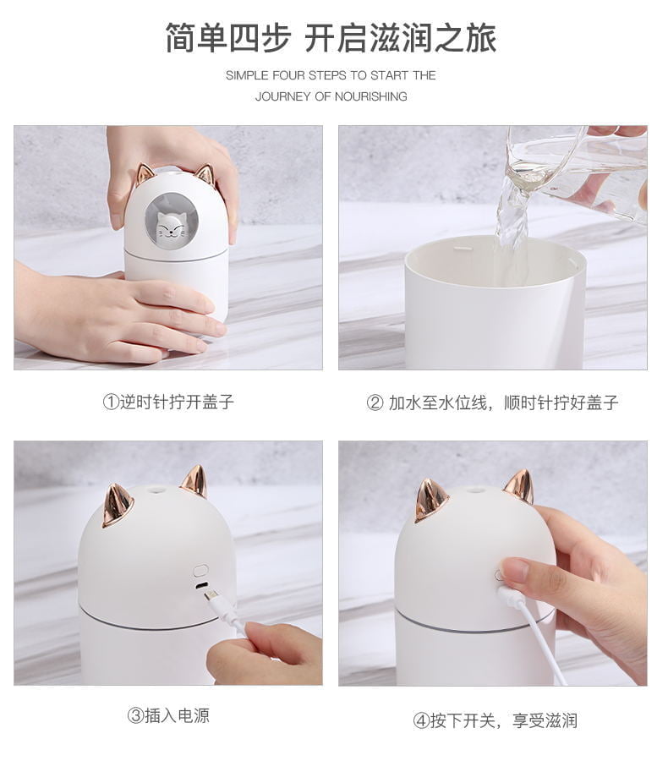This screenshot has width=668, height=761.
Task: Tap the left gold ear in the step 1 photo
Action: pos(145,173)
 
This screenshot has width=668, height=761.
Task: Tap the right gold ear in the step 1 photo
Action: pos(205,175)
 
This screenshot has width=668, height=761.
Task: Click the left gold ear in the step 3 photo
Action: pos(118,505)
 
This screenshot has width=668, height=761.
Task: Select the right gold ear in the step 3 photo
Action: pos(194,480)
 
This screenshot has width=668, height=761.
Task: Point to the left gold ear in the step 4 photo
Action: pos(430,500)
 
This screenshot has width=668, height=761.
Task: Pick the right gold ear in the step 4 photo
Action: pos(518,486)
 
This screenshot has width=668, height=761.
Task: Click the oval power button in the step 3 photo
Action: pos(200,570)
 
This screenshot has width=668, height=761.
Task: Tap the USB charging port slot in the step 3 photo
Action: pos(200,586)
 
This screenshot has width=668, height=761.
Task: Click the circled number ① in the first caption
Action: pos(111,402)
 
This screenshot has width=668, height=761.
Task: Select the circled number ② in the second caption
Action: pos(375,402)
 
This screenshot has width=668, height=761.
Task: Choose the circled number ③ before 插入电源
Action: pos(135,715)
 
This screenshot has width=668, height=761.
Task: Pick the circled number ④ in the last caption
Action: pos(420,720)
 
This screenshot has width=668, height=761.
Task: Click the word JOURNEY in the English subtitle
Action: pos(283,96)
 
